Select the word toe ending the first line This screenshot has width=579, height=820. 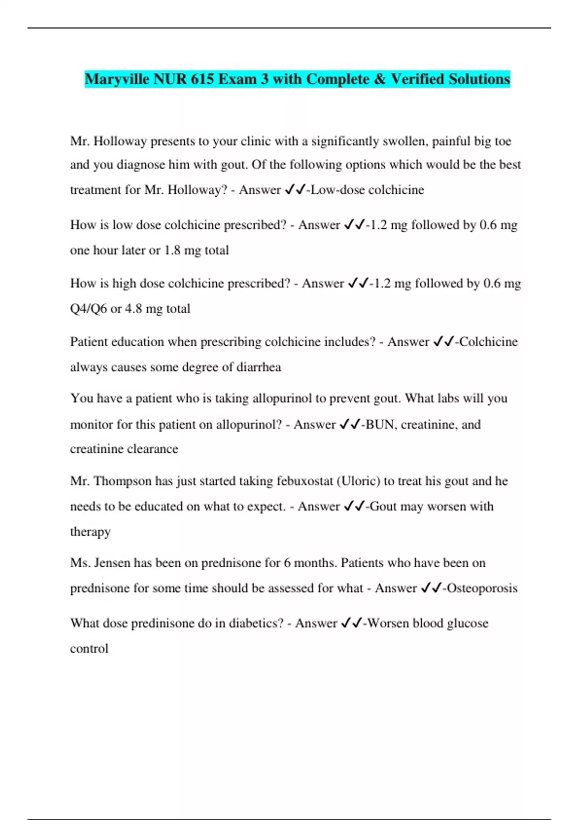tap(502, 141)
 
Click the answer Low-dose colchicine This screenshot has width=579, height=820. tap(367, 190)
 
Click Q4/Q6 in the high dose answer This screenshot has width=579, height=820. tap(88, 309)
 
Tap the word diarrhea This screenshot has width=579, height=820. tap(259, 368)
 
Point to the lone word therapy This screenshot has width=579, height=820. tap(90, 532)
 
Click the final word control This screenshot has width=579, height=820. tap(89, 649)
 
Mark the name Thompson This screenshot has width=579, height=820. tap(123, 481)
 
